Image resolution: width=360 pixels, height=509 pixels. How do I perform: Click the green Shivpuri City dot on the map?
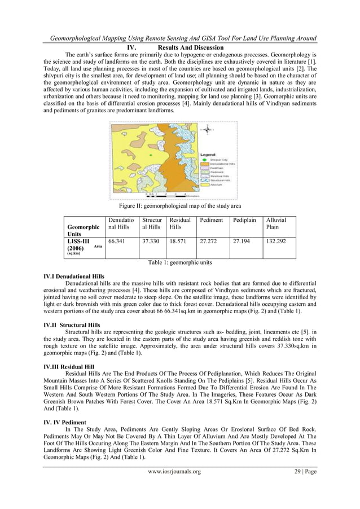point(151,155)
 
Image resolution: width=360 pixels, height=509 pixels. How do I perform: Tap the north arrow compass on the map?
point(207,129)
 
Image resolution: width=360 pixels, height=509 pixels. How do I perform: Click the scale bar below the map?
point(169,196)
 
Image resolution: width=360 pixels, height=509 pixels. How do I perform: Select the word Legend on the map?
point(208,154)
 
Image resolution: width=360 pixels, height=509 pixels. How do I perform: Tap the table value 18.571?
point(178,241)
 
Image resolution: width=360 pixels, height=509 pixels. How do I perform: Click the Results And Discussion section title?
point(191,47)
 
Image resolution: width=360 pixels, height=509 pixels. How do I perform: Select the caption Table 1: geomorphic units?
point(179,263)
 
